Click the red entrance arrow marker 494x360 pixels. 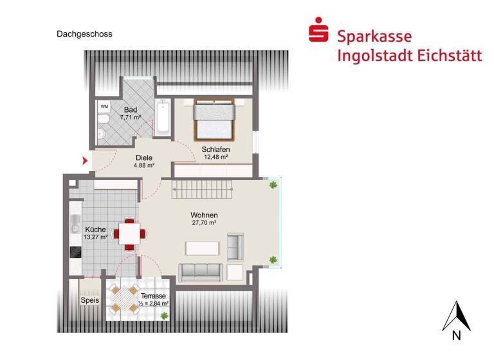(84, 160)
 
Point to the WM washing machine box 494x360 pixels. (104, 105)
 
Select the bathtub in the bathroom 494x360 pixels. (163, 118)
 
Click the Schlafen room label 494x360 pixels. (215, 149)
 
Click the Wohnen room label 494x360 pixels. (203, 215)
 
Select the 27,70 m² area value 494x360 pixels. (203, 222)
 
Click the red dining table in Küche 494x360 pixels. (129, 233)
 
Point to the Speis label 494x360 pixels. (89, 300)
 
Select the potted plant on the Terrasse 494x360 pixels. (165, 314)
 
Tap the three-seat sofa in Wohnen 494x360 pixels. (201, 273)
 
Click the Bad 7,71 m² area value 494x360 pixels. (131, 118)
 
